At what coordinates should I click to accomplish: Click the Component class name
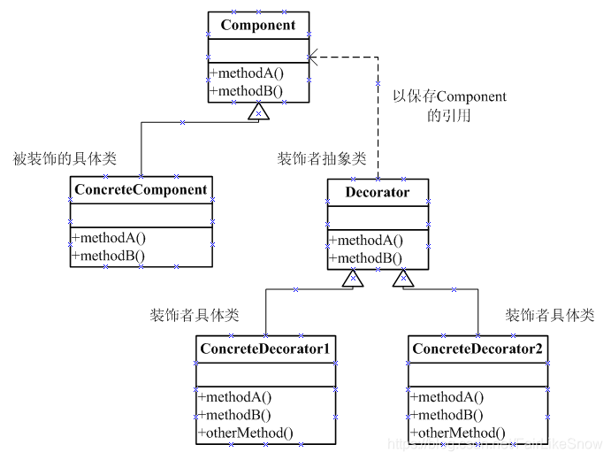tap(258, 25)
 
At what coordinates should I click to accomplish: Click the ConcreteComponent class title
tap(141, 189)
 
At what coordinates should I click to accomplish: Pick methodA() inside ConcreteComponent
tap(109, 238)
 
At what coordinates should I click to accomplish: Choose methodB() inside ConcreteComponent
tap(109, 256)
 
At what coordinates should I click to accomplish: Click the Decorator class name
tap(378, 192)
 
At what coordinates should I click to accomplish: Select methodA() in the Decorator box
tap(365, 241)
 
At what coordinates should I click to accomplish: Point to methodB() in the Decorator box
tap(365, 258)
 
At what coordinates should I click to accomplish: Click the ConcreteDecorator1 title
tap(265, 349)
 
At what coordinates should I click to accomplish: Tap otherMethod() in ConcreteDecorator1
tap(245, 433)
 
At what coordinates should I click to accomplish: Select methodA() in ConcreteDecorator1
tap(234, 398)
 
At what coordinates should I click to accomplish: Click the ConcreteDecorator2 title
tap(477, 349)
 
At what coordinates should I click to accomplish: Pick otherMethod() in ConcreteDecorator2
tap(457, 433)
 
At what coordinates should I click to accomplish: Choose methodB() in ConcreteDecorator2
tap(447, 416)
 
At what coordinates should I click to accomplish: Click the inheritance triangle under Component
tap(257, 111)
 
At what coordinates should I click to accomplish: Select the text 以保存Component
tap(449, 96)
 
